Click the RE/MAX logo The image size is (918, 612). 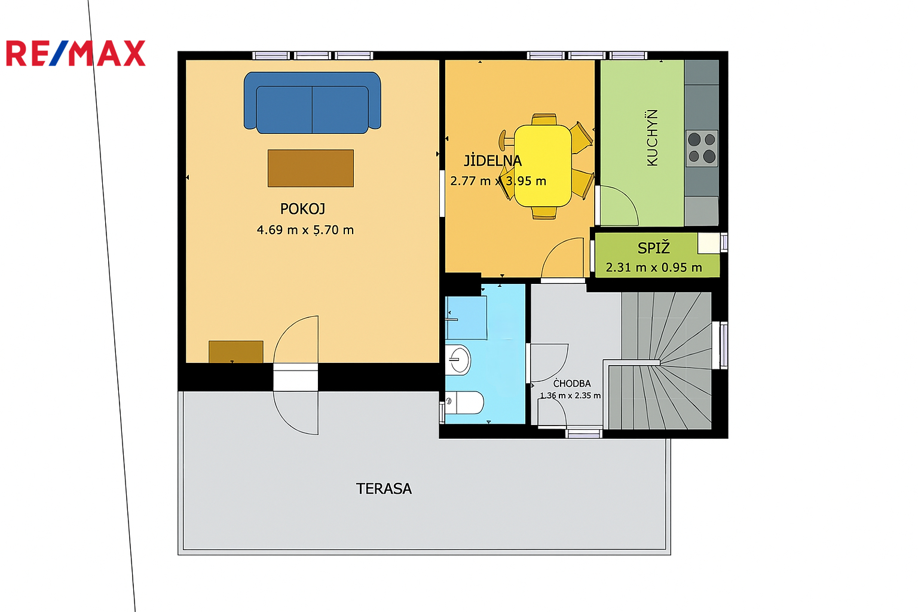[76, 53]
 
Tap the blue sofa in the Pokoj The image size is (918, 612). [313, 103]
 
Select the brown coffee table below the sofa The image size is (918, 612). [311, 168]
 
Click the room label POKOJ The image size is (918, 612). [302, 209]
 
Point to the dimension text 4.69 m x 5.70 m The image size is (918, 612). [305, 230]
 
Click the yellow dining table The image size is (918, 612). [543, 166]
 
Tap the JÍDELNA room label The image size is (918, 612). [492, 161]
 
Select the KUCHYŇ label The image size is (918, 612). [652, 137]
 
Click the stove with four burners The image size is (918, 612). [702, 148]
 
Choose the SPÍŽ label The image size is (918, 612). [654, 248]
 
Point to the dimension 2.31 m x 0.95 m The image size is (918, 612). [654, 268]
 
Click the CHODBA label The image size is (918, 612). [572, 384]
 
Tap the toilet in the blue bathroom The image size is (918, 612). [465, 402]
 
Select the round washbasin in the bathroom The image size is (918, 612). [458, 360]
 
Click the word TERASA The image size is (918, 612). [384, 489]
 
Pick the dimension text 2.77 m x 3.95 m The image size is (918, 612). [498, 181]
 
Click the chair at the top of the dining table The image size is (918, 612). [544, 119]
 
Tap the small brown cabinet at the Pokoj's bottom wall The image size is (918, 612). [236, 351]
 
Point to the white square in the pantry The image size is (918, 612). [709, 243]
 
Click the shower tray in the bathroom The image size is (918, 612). [466, 318]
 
